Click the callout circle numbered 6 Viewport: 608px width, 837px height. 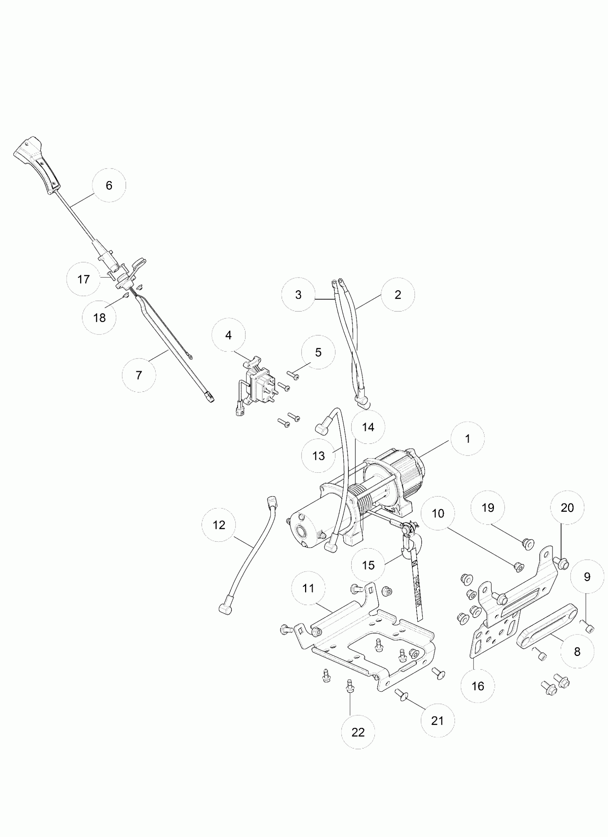(109, 185)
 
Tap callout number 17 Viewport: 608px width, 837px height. (83, 279)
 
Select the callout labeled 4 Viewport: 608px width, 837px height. (229, 335)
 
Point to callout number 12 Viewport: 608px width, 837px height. (219, 525)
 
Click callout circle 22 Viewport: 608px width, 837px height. (358, 732)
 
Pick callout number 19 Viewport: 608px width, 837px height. (488, 508)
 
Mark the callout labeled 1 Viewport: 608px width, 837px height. (468, 439)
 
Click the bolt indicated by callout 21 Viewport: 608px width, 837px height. (400, 694)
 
